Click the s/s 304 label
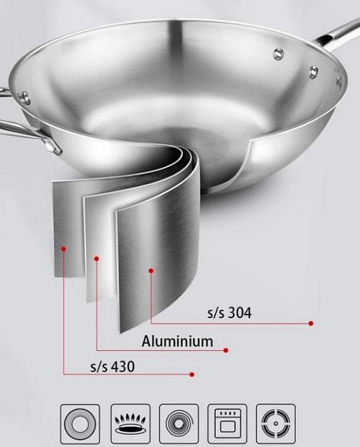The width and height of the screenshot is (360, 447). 229,313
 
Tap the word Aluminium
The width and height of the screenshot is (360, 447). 177,342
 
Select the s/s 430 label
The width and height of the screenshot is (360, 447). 112,367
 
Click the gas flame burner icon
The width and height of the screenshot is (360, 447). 131,423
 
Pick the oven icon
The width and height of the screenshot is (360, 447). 227,423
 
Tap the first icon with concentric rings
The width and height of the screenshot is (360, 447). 80,423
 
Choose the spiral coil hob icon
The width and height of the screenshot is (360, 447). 179,423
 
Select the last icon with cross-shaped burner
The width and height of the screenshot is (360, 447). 276,423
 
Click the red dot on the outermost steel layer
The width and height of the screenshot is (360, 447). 64,249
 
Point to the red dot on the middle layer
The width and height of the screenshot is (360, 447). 97,259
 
